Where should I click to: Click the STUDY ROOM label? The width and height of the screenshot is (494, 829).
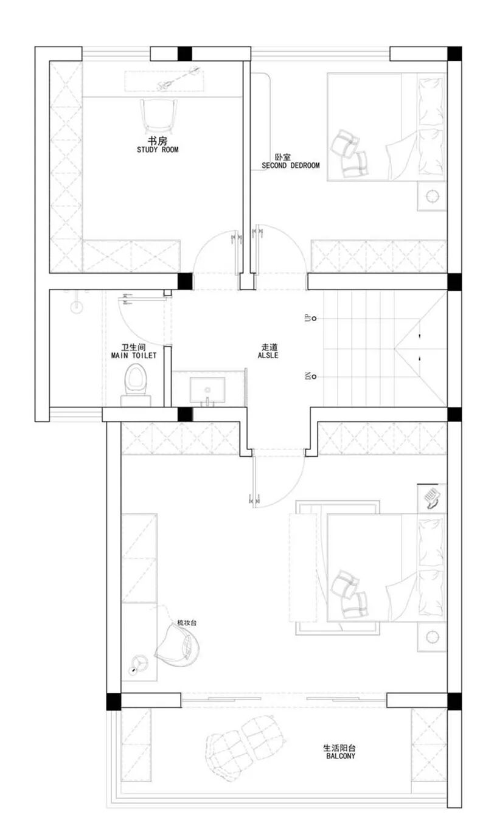(x=158, y=150)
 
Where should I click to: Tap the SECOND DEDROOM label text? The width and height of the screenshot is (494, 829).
(x=290, y=166)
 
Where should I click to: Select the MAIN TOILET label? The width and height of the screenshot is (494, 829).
(x=134, y=356)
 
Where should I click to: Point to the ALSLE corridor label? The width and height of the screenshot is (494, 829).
(x=268, y=356)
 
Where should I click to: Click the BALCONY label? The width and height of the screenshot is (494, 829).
(x=340, y=756)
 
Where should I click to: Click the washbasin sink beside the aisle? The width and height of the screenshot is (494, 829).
(x=207, y=390)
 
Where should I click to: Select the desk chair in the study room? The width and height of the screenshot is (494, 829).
(x=158, y=116)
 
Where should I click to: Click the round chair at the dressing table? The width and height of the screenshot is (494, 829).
(x=178, y=645)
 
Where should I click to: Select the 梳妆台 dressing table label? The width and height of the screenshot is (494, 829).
(x=187, y=622)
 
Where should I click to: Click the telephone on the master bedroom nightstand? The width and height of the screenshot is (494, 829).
(x=432, y=498)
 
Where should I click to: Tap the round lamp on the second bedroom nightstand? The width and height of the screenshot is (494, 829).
(x=432, y=196)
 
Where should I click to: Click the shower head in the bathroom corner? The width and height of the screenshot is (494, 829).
(x=77, y=304)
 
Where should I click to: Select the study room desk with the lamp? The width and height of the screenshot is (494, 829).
(x=164, y=82)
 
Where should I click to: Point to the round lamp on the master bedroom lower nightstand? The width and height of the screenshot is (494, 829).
(x=432, y=637)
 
